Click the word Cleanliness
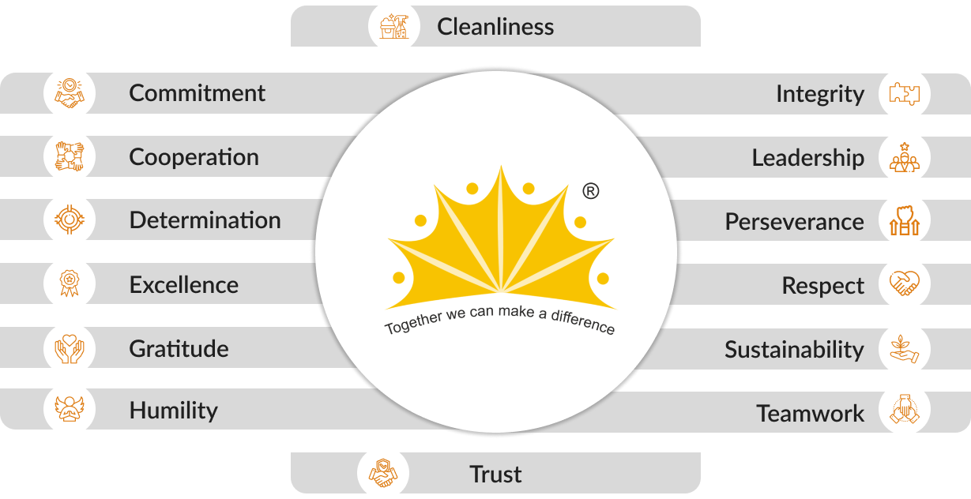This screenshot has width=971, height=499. [x=495, y=27]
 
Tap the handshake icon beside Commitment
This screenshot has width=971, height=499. [x=70, y=93]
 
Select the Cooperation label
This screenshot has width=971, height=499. [x=194, y=157]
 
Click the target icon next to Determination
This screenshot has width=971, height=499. [x=70, y=219]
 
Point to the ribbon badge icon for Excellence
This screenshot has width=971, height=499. [x=70, y=283]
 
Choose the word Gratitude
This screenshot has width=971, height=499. [x=179, y=348]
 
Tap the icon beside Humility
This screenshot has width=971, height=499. [x=70, y=410]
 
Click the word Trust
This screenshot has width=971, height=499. [x=495, y=475]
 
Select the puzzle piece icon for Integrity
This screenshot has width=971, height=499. [x=904, y=94]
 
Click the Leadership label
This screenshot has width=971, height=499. [x=807, y=158]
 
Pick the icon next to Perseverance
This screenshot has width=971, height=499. [x=904, y=221]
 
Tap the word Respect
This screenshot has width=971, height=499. [x=822, y=286]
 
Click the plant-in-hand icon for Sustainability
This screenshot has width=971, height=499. [x=904, y=349]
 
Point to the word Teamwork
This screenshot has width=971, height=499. [x=810, y=413]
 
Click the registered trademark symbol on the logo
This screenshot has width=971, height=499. [x=590, y=191]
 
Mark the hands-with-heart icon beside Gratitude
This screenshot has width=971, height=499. [x=70, y=348]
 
